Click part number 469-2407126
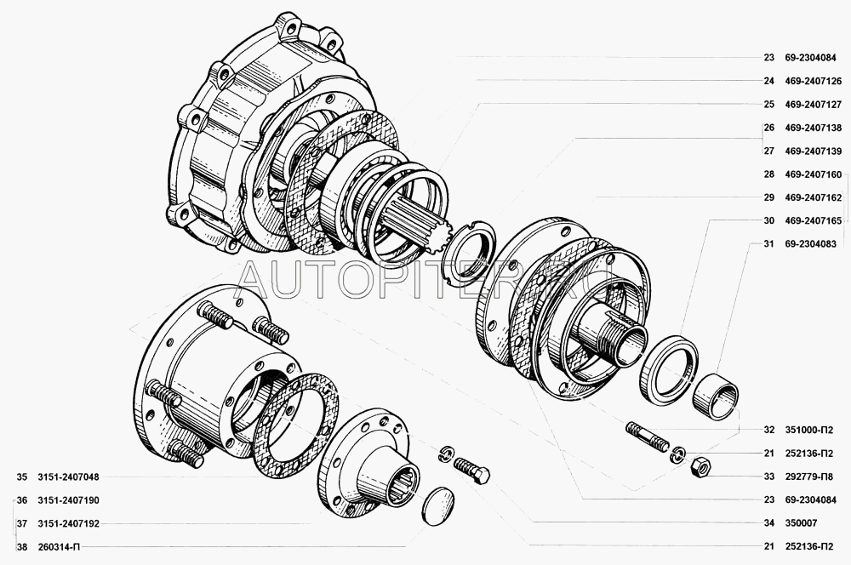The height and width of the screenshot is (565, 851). [813, 82]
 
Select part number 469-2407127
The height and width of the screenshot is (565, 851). [813, 105]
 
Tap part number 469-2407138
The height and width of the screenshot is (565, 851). [813, 128]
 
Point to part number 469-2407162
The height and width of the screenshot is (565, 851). [813, 197]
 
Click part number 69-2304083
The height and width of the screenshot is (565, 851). [810, 244]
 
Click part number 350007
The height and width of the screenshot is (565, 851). [801, 523]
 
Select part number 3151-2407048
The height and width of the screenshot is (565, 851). [68, 477]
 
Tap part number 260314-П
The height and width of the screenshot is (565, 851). [59, 547]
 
